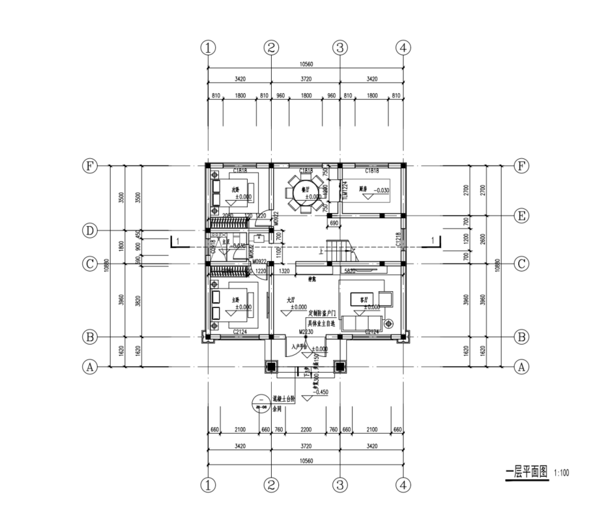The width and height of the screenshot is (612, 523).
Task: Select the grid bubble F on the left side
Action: (x=89, y=165)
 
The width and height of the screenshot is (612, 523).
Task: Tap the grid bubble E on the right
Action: (x=521, y=215)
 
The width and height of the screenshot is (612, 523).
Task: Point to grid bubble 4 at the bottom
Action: (x=404, y=485)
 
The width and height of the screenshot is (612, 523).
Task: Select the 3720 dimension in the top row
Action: (x=305, y=79)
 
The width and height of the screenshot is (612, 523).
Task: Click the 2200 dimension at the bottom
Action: (x=305, y=430)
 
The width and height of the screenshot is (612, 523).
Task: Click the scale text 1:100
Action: (x=561, y=473)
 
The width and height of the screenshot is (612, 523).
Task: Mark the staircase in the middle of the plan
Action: (x=340, y=249)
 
